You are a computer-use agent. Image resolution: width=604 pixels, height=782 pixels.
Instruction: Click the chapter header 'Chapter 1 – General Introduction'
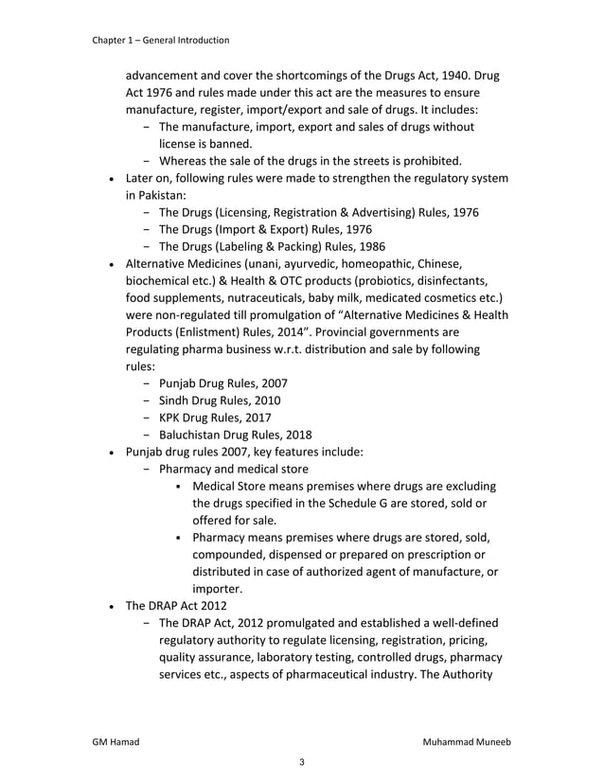[160, 40]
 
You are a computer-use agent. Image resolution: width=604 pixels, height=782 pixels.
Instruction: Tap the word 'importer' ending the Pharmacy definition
[219, 588]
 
